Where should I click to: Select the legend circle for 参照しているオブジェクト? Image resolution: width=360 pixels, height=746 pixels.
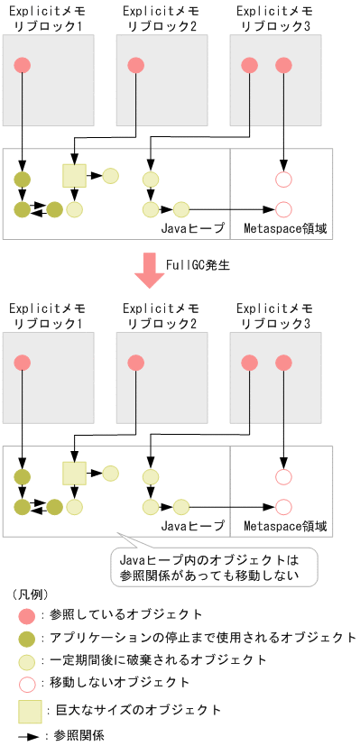[25, 615]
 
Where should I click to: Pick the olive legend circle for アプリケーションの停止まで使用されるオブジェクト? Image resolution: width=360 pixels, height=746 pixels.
[25, 638]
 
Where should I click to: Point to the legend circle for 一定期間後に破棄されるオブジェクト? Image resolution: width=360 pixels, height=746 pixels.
[25, 660]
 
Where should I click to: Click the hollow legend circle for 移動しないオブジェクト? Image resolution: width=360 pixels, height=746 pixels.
[25, 683]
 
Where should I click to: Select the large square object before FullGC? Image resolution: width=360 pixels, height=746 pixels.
[73, 175]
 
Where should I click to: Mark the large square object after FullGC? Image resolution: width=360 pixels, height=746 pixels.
[73, 472]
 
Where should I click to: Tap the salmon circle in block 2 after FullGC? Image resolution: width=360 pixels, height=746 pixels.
[135, 362]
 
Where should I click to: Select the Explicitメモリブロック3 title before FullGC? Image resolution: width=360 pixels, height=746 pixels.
[273, 18]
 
